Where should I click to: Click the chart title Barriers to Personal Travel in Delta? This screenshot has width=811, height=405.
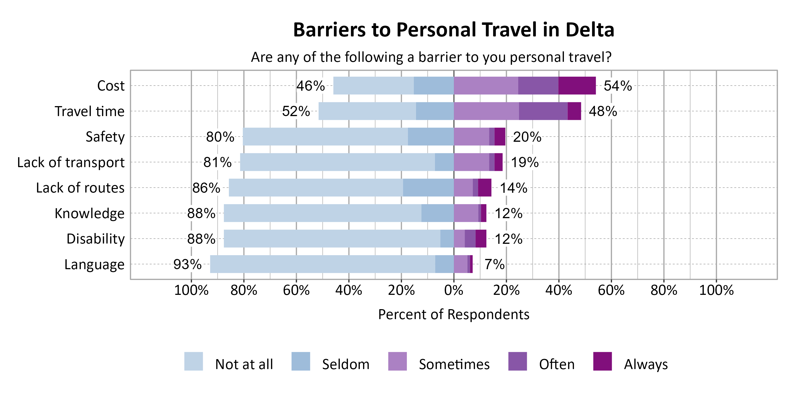(x=453, y=30)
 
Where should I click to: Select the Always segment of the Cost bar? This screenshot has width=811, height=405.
(x=577, y=86)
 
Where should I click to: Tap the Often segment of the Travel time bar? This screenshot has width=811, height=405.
(x=543, y=111)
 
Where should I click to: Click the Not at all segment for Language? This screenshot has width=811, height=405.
(x=323, y=264)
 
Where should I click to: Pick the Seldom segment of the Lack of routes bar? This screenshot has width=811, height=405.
(x=428, y=188)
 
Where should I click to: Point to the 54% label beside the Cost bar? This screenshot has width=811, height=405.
(x=617, y=86)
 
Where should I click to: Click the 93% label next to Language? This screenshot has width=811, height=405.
(x=187, y=264)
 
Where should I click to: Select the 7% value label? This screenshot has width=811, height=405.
(x=494, y=264)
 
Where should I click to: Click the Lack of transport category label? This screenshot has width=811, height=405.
(x=71, y=162)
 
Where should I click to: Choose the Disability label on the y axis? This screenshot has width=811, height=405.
(x=95, y=239)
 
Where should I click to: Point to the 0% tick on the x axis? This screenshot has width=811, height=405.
(x=454, y=290)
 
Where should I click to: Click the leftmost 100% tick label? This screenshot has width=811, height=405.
(x=191, y=290)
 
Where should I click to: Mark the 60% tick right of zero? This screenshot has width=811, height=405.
(x=611, y=290)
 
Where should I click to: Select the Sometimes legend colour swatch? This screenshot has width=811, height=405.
(x=397, y=361)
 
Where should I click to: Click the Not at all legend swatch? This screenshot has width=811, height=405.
(x=193, y=361)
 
